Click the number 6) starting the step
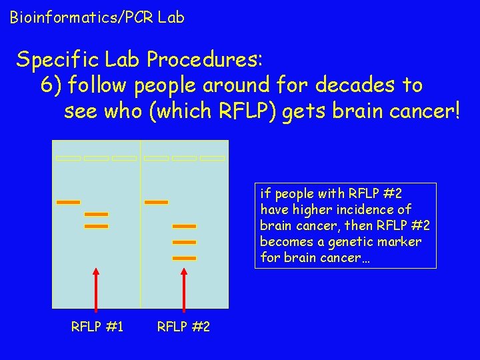[51, 85]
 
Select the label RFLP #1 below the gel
[97, 327]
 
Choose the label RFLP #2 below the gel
[183, 327]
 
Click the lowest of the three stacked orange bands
[184, 258]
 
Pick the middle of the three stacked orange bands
[184, 242]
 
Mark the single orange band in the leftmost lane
[68, 202]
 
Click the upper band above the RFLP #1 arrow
[96, 214]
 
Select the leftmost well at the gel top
[68, 159]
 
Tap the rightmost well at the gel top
[212, 159]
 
